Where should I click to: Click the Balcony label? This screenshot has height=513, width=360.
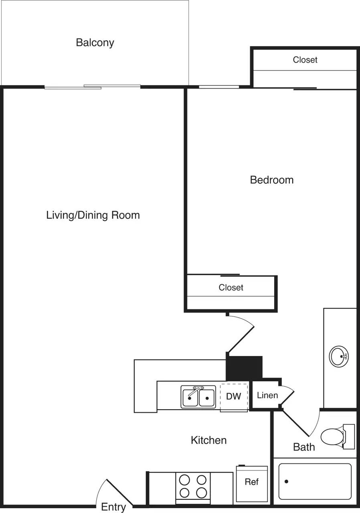[95, 42]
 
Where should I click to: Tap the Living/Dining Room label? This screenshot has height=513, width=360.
[93, 215]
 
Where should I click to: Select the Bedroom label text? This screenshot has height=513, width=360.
[271, 180]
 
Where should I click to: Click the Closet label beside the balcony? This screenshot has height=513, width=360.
[305, 60]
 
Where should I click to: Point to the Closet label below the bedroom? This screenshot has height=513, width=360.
[231, 287]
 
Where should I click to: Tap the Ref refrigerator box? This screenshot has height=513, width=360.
[252, 482]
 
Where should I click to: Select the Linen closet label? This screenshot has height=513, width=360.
[267, 396]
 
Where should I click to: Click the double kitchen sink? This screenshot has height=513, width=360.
[198, 397]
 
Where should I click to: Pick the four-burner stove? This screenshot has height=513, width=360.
[192, 486]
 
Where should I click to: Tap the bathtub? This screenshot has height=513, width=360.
[315, 481]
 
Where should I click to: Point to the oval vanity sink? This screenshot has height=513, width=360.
[339, 356]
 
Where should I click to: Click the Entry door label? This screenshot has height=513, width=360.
[113, 507]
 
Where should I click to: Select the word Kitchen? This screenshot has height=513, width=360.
[208, 440]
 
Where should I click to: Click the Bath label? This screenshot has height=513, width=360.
[304, 447]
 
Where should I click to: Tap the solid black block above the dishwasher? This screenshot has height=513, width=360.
[244, 368]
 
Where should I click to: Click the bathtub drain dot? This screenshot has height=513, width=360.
[286, 481]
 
